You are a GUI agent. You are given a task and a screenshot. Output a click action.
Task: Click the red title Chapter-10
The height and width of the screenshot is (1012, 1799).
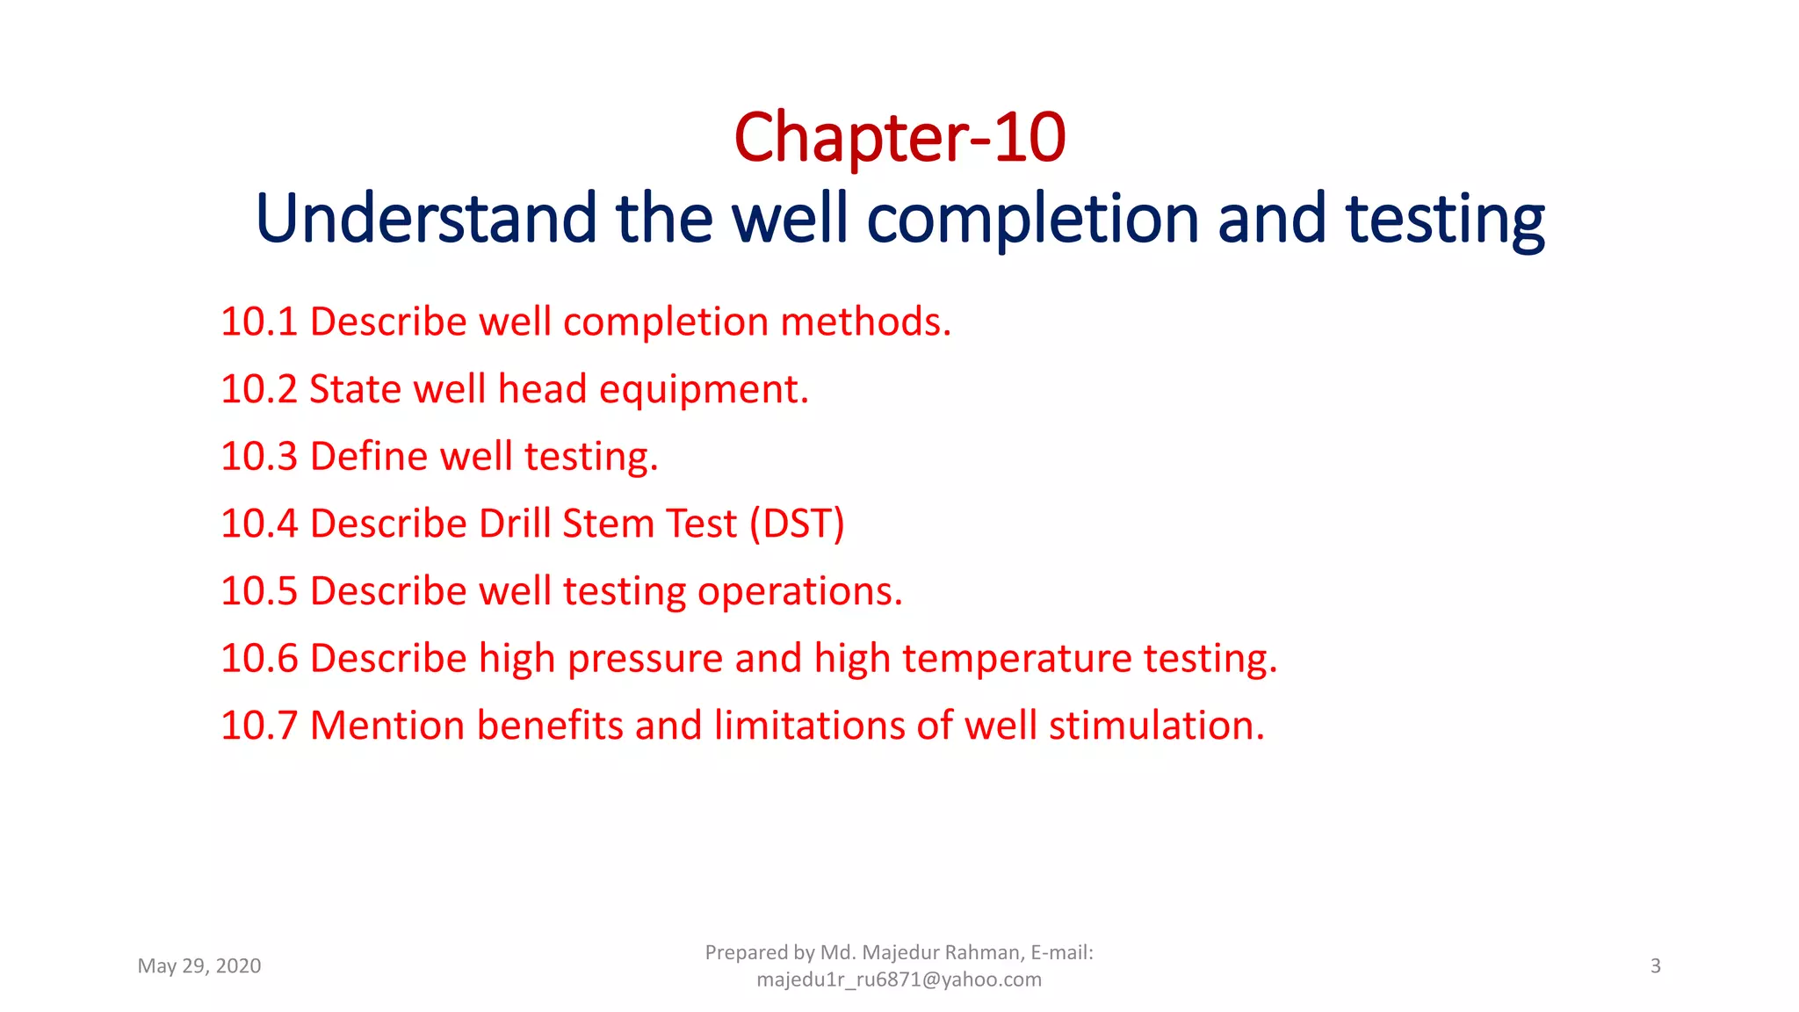(x=899, y=138)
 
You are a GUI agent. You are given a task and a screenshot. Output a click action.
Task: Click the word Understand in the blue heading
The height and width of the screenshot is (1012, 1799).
(x=426, y=219)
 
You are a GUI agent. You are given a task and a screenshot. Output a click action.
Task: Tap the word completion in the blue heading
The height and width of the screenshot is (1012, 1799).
(x=1032, y=220)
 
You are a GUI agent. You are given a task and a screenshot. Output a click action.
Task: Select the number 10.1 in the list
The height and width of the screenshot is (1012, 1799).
(x=259, y=322)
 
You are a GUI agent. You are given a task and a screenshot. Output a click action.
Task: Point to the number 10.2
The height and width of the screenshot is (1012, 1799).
(x=259, y=389)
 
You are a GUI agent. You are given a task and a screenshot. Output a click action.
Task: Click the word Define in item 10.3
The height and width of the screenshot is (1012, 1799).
(x=369, y=457)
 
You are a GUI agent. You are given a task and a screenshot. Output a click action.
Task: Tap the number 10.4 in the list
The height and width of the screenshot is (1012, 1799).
(x=259, y=524)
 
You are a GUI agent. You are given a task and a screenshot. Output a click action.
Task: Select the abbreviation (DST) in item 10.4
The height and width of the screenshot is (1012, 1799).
(x=797, y=524)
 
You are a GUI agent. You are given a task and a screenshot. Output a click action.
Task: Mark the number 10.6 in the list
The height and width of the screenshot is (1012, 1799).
(x=259, y=658)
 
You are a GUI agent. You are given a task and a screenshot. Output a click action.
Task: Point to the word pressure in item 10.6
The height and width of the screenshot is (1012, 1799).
(x=645, y=660)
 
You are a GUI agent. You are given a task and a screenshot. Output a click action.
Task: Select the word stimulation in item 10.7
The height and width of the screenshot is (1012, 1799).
(x=1156, y=726)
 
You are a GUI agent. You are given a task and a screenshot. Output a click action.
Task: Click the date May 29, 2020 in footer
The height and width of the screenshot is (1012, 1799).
(x=199, y=966)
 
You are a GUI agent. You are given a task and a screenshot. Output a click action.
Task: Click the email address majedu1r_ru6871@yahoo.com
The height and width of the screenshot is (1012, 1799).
(x=899, y=979)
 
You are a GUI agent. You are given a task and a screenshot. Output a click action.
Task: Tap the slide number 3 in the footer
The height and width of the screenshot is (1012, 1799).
(x=1656, y=966)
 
